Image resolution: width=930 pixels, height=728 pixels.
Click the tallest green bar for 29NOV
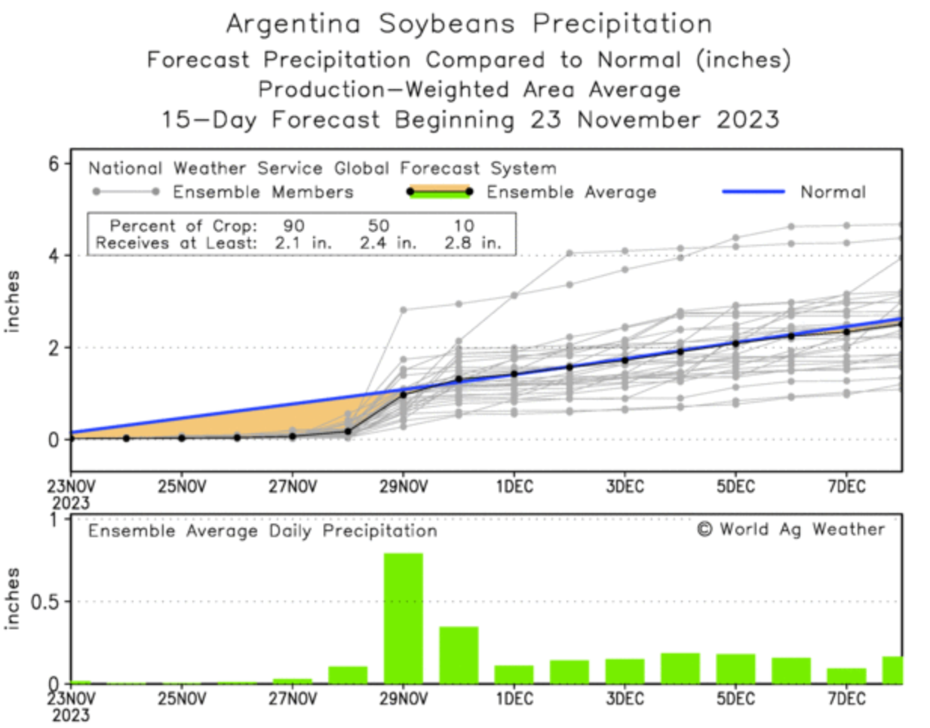click(x=403, y=618)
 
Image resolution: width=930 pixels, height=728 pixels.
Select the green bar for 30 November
click(x=459, y=655)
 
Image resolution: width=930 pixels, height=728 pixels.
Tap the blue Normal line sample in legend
click(x=753, y=192)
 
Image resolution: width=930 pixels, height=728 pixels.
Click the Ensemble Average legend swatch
click(x=439, y=192)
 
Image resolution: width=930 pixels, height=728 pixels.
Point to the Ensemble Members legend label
click(x=262, y=192)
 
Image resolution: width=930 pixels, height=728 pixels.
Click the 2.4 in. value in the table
click(x=388, y=243)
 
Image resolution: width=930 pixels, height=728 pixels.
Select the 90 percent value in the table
click(x=293, y=226)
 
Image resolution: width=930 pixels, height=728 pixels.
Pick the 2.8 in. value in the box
click(x=472, y=243)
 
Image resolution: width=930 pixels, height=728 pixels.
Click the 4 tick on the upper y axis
click(x=54, y=256)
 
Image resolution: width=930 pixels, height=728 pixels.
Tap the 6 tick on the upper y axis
click(x=54, y=164)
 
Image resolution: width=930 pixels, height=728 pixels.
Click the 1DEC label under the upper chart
click(x=514, y=487)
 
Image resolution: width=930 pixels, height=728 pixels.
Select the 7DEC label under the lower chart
click(x=846, y=698)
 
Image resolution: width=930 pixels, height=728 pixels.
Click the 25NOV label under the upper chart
click(x=182, y=487)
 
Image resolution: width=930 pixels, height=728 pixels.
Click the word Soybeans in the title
click(x=447, y=23)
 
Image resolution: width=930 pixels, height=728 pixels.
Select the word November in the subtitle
click(x=638, y=119)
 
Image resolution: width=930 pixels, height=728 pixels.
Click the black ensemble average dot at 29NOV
click(x=403, y=395)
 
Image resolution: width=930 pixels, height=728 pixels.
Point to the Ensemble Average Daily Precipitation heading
click(x=262, y=531)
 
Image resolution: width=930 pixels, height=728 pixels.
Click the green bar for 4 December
click(x=680, y=668)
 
